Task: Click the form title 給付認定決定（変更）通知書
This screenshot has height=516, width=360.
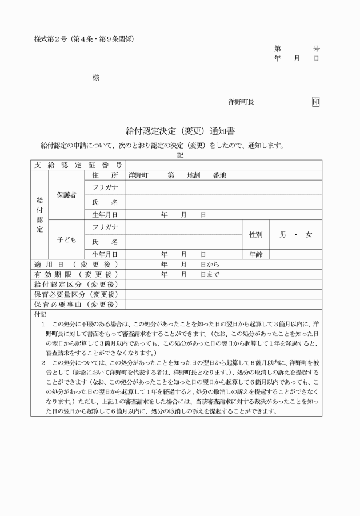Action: tap(180, 131)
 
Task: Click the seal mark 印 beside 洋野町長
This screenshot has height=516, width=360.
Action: tap(315, 102)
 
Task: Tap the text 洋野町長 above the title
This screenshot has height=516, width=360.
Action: tap(241, 102)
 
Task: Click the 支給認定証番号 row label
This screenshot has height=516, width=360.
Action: tap(77, 165)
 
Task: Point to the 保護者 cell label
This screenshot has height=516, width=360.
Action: tap(66, 195)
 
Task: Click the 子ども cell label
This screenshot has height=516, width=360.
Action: tap(66, 239)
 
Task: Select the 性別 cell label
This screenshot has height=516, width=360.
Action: tap(255, 234)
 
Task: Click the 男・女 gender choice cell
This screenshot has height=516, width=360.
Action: tap(295, 234)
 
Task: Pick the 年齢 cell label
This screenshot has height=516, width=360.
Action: tap(255, 254)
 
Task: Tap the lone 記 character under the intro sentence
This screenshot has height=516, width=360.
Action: tap(180, 155)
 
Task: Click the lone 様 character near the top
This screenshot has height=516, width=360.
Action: tap(95, 78)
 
